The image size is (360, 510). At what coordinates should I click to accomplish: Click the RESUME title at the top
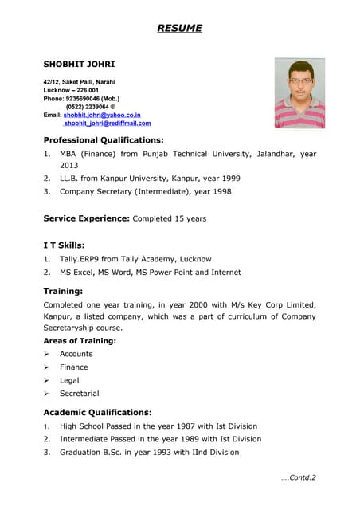pos(179,29)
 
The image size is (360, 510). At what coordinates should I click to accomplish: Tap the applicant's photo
pos(299,93)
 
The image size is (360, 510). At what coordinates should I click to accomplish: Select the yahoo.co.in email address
pos(102,115)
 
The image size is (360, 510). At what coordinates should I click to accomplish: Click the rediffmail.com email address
pos(107,124)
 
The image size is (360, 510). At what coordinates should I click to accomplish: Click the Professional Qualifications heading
pos(104,140)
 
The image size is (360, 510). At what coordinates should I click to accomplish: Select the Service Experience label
pos(86,218)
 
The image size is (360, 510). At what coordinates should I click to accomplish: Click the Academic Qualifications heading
pos(97,412)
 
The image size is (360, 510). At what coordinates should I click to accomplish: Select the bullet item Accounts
pos(76,354)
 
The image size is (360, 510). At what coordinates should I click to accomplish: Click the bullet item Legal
pos(69,380)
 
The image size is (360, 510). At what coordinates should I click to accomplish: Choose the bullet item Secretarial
pos(79,394)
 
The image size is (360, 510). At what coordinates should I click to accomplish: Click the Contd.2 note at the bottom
pos(299,478)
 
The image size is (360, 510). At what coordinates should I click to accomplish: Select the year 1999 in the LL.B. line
pos(228,178)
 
